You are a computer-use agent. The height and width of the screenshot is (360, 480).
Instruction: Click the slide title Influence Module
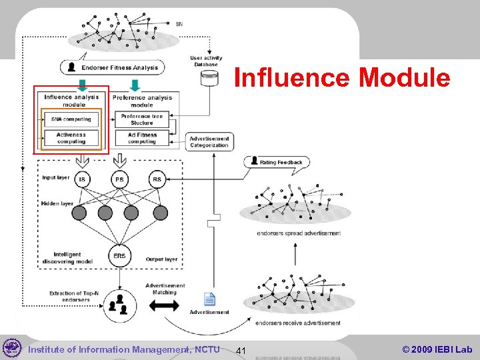tap(342, 78)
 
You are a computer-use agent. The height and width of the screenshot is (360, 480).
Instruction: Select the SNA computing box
tap(71, 119)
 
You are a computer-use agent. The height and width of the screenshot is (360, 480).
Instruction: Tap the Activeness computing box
tap(71, 138)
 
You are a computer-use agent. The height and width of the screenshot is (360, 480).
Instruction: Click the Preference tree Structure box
tap(142, 119)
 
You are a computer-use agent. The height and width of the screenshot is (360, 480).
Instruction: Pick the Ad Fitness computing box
tap(142, 138)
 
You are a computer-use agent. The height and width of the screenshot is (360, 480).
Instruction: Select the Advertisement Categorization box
tap(209, 142)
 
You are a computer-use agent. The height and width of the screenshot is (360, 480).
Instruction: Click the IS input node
tap(83, 179)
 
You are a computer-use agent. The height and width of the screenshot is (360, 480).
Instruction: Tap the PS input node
tap(120, 179)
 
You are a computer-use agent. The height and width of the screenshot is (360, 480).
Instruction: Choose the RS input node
tap(157, 179)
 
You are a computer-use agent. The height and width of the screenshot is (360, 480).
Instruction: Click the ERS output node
tap(120, 256)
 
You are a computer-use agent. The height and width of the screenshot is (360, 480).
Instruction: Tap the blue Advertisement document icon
tap(209, 299)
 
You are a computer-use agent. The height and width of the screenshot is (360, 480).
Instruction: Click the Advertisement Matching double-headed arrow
tap(163, 306)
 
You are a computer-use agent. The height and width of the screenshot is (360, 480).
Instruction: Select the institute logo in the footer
tap(12, 348)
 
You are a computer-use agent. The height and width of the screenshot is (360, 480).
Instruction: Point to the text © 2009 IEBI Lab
tap(437, 349)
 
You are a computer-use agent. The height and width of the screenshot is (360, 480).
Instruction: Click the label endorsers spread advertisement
tap(298, 233)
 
